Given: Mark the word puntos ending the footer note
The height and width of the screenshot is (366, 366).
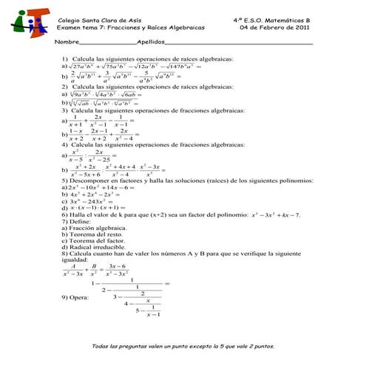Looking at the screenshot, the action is tap(264, 346).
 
